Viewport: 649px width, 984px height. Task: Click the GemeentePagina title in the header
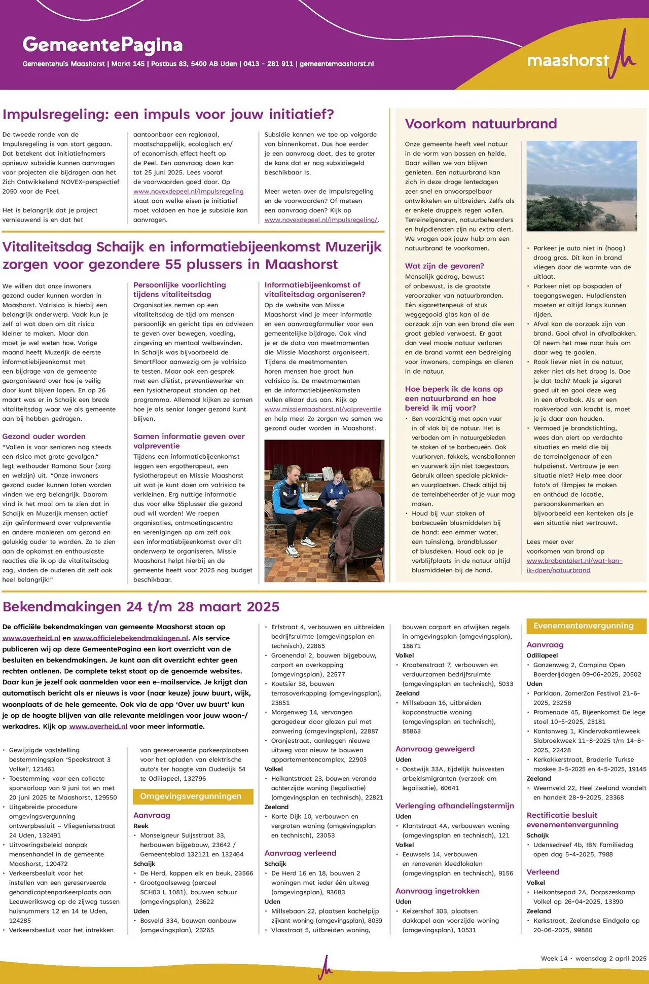[x=102, y=45]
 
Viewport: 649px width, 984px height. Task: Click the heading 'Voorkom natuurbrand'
[x=481, y=124]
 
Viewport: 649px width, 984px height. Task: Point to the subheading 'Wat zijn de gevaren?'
[x=444, y=266]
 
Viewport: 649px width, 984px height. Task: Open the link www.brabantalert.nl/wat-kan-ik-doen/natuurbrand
[x=574, y=565]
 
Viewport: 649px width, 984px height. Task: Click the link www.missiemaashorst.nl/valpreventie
[x=322, y=409]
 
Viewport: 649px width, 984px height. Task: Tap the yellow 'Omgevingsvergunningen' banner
[x=193, y=796]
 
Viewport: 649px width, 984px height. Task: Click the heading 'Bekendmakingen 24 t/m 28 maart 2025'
[x=141, y=607]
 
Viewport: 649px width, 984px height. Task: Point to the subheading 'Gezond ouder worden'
[x=44, y=436]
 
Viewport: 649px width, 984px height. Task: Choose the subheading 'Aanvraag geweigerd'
[x=435, y=749]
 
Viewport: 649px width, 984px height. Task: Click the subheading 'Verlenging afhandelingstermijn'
[x=454, y=806]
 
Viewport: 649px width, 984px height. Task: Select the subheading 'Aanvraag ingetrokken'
[x=437, y=891]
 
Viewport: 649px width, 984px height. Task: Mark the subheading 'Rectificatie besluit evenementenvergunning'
[x=572, y=820]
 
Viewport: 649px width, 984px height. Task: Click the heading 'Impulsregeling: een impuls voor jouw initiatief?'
[x=168, y=114]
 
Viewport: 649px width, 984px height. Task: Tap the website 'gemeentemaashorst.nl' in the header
[x=337, y=64]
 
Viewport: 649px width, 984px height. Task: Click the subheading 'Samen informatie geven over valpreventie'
[x=189, y=441]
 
